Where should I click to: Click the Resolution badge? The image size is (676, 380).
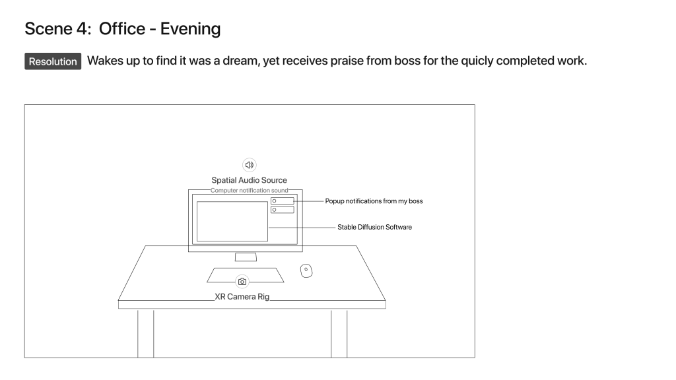(53, 61)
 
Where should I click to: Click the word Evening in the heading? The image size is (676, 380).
(190, 29)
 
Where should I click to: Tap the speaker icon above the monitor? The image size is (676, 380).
(249, 165)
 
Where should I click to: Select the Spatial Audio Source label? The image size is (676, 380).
(249, 180)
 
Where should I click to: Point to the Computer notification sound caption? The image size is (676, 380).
(249, 191)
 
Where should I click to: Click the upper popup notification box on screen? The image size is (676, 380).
(283, 201)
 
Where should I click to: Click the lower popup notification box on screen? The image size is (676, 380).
(283, 210)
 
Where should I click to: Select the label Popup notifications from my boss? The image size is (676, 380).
(374, 201)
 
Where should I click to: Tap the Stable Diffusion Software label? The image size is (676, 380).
(375, 227)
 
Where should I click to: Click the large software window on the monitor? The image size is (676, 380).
(232, 222)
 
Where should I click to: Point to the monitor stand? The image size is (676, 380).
(246, 257)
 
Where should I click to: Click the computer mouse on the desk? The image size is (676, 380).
(306, 270)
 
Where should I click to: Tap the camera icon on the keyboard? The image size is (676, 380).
(242, 282)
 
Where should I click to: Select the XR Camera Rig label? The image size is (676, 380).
(242, 297)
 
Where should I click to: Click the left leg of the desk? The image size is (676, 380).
(146, 333)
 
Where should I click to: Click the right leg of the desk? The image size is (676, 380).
(339, 333)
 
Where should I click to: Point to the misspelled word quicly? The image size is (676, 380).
(477, 61)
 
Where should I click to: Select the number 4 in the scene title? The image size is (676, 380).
(82, 29)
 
